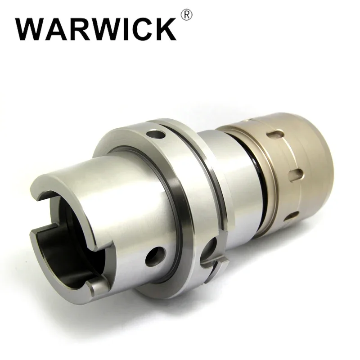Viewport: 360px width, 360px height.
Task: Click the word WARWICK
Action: pos(96,29)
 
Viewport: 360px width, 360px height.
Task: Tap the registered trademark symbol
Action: pos(187,16)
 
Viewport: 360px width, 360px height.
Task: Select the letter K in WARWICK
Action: pos(165,29)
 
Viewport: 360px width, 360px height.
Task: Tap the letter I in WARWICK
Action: pos(122,29)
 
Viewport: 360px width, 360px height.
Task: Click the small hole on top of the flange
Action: pos(156,134)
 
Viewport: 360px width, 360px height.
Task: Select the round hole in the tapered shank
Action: pos(155,256)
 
